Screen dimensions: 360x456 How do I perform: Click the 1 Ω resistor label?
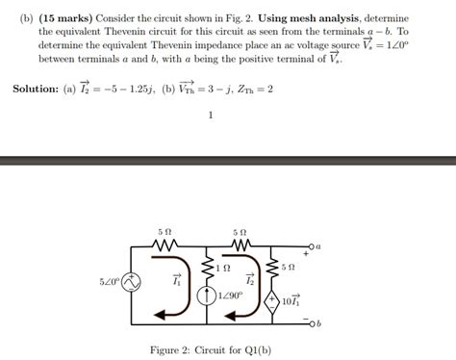pyautogui.click(x=223, y=267)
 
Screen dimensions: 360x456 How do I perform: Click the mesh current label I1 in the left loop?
pyautogui.click(x=176, y=281)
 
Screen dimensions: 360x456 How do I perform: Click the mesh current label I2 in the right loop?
pyautogui.click(x=250, y=280)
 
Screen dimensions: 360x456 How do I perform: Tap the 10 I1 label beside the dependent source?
pyautogui.click(x=292, y=300)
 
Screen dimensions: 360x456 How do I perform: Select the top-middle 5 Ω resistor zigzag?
pyautogui.click(x=240, y=246)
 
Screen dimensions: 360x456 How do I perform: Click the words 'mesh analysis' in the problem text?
pyautogui.click(x=312, y=18)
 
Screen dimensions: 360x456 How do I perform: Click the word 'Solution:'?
pyautogui.click(x=38, y=89)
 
